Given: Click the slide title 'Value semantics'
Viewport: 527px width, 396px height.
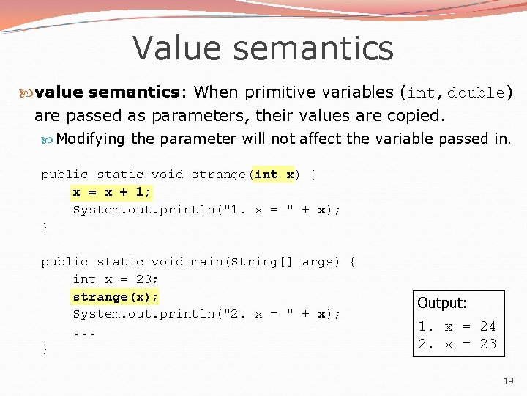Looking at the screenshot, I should click(x=263, y=48).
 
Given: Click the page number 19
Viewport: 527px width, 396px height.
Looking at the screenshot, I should click(x=508, y=381).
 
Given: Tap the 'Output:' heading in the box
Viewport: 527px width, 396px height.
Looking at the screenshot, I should click(x=441, y=303).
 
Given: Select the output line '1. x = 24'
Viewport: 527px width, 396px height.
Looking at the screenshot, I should click(x=457, y=326).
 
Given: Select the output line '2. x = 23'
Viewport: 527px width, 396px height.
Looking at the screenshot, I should click(x=457, y=343).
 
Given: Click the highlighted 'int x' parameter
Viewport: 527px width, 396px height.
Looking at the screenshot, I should click(x=274, y=175).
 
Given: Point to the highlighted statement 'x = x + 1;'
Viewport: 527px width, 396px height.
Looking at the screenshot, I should click(x=112, y=192).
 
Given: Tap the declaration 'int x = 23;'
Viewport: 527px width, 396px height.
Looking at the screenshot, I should click(x=116, y=279).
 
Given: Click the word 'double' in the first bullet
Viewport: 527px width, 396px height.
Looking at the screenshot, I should click(x=476, y=93).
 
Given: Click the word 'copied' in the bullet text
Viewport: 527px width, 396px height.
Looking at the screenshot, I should click(x=416, y=116).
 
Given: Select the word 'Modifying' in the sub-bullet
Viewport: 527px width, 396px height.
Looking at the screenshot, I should click(x=91, y=139).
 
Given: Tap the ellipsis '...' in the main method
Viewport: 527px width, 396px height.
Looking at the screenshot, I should click(x=84, y=331).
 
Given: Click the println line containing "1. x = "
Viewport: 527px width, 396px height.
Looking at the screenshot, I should click(x=206, y=210).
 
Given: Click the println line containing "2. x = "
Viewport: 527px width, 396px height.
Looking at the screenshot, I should click(x=206, y=314).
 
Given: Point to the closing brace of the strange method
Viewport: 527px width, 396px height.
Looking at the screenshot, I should click(x=45, y=227).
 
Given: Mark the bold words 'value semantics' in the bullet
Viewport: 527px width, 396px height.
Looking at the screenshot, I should click(x=107, y=92).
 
